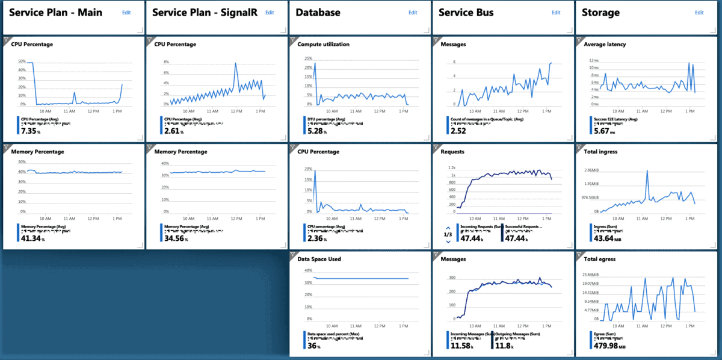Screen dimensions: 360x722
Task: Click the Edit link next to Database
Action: click(413, 12)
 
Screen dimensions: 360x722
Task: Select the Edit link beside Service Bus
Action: click(556, 12)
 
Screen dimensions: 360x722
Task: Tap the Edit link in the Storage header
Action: click(699, 12)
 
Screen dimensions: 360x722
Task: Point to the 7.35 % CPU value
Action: click(29, 131)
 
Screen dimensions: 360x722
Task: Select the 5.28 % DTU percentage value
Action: click(316, 131)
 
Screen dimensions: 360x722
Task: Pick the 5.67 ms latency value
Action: click(602, 131)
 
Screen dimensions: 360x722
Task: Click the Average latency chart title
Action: click(605, 44)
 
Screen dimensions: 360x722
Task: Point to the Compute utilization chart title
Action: click(323, 44)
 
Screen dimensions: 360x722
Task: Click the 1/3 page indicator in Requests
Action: click(448, 234)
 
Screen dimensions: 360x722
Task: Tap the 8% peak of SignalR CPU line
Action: click(235, 63)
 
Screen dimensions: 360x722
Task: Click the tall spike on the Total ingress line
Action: click(647, 171)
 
